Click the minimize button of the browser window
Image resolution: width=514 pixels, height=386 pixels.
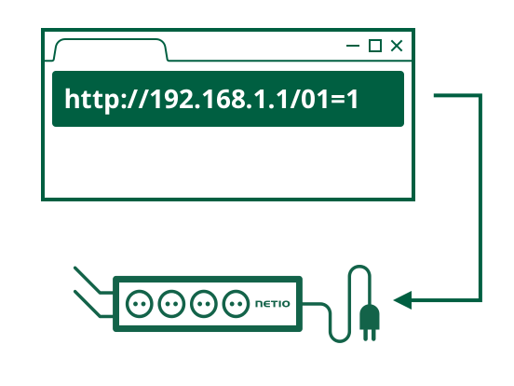(353, 46)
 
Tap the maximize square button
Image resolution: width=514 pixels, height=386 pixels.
(375, 46)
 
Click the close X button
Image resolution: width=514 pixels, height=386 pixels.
(397, 46)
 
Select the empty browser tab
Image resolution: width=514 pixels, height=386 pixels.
(111, 50)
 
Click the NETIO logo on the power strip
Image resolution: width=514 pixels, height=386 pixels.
(273, 304)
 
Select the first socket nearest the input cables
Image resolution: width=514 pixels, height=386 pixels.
(140, 304)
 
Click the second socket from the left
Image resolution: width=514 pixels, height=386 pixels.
(171, 304)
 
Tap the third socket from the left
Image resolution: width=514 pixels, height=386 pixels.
(204, 304)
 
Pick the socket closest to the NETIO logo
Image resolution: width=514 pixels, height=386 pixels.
(236, 304)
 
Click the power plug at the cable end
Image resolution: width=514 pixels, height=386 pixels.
(370, 320)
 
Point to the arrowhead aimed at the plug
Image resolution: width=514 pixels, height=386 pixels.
(402, 300)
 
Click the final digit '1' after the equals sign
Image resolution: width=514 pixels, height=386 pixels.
(353, 99)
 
